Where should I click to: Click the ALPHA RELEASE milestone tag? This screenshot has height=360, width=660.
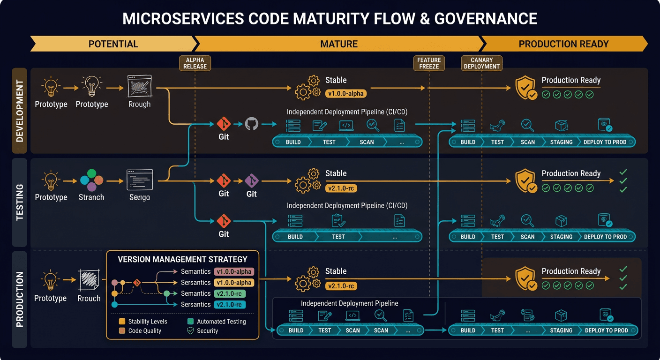pos(195,63)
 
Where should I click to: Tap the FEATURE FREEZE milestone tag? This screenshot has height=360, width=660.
pos(429,63)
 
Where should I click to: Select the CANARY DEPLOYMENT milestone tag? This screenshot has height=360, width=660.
pos(481,63)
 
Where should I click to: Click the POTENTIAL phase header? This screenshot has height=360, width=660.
pos(113,44)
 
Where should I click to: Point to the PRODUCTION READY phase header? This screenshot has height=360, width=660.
pos(563,44)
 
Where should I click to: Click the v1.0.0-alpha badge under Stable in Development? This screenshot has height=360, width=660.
pos(346,94)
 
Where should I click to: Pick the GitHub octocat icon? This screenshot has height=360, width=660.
pos(252,124)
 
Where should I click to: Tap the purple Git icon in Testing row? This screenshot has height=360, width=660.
pos(252,180)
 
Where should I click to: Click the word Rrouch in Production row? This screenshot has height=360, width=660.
pos(89,298)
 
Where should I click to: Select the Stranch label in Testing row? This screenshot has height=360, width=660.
pos(91,197)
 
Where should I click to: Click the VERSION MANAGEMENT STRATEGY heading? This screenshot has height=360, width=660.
pos(182,259)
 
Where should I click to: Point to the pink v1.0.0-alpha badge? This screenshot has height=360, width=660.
pos(234,271)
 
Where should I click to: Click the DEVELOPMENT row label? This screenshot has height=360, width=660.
pos(19,111)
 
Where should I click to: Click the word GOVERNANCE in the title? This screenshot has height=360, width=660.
pos(486,19)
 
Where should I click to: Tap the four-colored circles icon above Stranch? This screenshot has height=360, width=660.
pos(91,180)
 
